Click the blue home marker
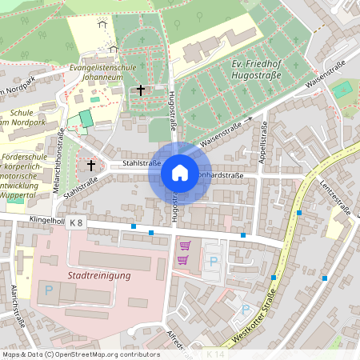pyautogui.click(x=179, y=172)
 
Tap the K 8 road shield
pyautogui.click(x=76, y=222)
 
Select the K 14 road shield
pyautogui.click(x=215, y=354)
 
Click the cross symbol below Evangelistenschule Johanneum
pyautogui.click(x=141, y=91)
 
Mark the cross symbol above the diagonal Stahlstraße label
pyautogui.click(x=91, y=166)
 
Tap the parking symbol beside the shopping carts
pyautogui.click(x=213, y=261)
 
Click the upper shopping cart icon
pyautogui.click(x=186, y=246)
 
